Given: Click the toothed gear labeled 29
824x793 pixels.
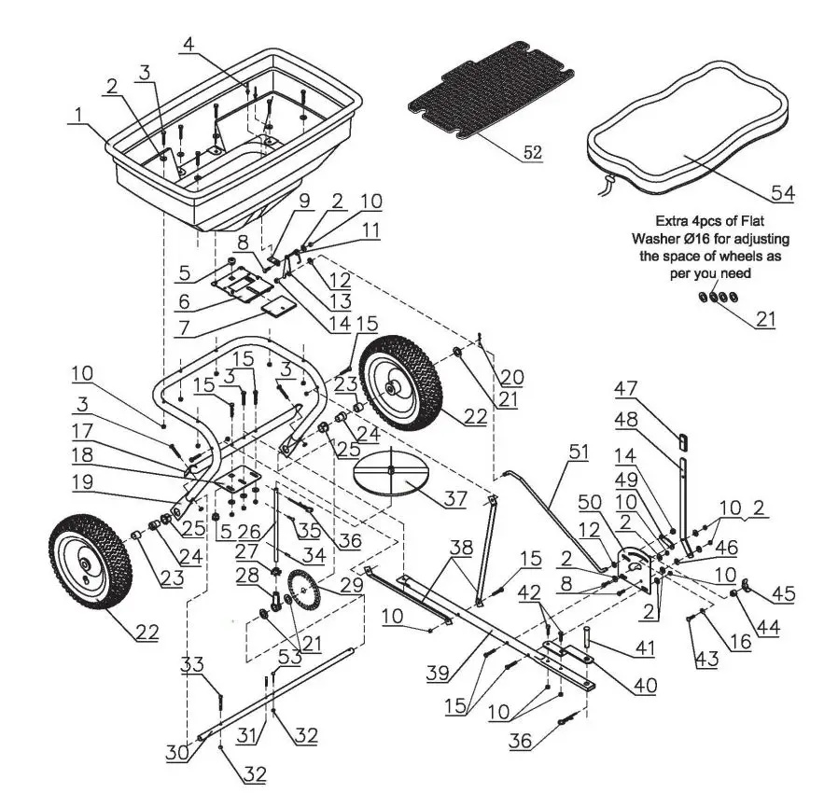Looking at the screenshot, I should [302, 590].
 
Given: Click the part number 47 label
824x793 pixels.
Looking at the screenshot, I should [626, 388].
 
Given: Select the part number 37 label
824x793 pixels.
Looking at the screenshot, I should [455, 499].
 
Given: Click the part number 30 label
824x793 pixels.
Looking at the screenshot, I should [179, 751].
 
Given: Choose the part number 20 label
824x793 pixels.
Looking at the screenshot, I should [512, 377].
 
